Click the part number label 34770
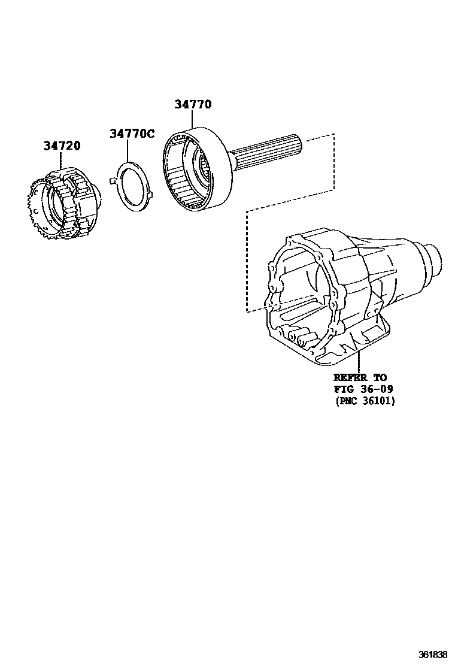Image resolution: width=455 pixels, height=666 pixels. tap(193, 104)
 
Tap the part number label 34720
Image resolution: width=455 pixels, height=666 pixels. tap(62, 146)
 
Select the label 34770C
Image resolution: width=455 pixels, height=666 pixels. tap(132, 133)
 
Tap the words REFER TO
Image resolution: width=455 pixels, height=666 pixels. tap(360, 377)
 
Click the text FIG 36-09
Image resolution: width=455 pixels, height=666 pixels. tap(363, 389)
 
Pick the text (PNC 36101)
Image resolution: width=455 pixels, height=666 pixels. tap(365, 401)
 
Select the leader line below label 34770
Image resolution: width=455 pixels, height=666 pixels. tap(193, 120)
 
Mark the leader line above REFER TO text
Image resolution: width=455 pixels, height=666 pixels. tap(359, 362)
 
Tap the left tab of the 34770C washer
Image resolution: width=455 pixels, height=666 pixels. tap(111, 179)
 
